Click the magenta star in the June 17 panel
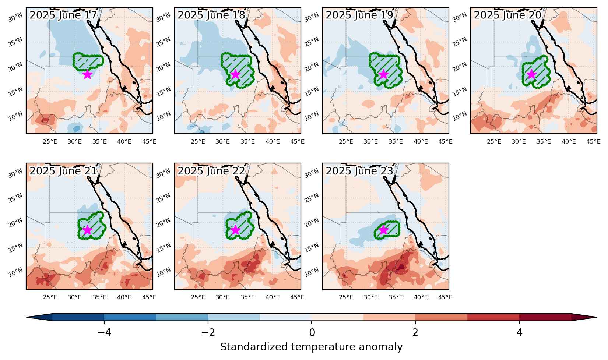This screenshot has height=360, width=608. (x=87, y=74)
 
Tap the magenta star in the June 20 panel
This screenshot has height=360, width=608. (x=531, y=74)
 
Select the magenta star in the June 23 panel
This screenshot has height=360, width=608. (x=383, y=230)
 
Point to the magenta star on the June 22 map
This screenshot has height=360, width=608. (x=235, y=230)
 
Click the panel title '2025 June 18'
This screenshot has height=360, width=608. (x=211, y=15)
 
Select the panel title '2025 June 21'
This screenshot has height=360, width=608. (x=63, y=171)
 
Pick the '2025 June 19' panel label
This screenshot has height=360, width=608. (x=359, y=15)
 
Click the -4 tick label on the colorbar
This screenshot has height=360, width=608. (x=104, y=332)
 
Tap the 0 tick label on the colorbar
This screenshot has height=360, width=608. (x=312, y=332)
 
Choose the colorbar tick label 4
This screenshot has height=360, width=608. (x=519, y=332)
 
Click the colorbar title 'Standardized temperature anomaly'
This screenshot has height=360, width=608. (x=311, y=347)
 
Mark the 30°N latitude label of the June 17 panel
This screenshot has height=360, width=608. (x=15, y=18)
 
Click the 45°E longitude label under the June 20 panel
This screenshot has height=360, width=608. (x=593, y=142)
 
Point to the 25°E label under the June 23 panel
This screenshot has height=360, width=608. (x=346, y=297)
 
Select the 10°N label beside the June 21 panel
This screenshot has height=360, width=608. (x=15, y=272)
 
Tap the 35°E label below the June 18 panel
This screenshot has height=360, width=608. (x=247, y=142)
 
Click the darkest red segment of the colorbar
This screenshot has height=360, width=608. (x=545, y=317)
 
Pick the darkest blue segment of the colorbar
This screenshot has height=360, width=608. (x=78, y=317)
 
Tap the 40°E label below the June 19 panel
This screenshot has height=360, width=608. (x=421, y=142)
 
